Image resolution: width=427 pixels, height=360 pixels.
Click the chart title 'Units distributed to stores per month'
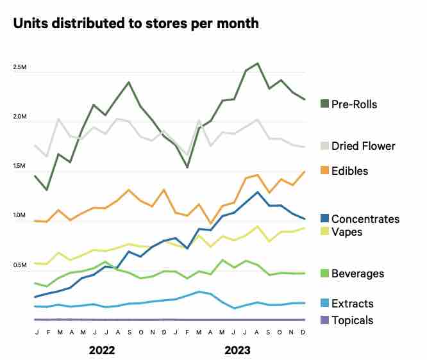pos(136,24)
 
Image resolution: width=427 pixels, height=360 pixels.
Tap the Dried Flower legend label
pos(364,146)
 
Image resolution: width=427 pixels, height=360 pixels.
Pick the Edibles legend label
pos(350,171)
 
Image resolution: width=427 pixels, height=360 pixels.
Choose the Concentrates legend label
pos(365,219)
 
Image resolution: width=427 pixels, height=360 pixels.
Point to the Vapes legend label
pos(347,232)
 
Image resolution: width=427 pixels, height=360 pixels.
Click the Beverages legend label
pos(358,274)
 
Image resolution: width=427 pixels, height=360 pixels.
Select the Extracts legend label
pos(353,304)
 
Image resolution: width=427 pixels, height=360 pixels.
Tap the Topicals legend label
pos(353,320)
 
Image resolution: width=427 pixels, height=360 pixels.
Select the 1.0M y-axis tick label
pos(19,216)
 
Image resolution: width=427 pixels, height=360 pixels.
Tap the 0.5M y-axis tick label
pos(19,265)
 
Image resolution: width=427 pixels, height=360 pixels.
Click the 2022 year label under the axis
pos(102,350)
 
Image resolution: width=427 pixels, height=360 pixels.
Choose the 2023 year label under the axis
pos(238,350)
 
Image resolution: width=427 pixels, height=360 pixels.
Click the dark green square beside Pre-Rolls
pos(324,104)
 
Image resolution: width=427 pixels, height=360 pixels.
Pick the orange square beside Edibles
pos(324,171)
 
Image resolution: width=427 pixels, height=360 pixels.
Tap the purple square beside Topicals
pos(324,320)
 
